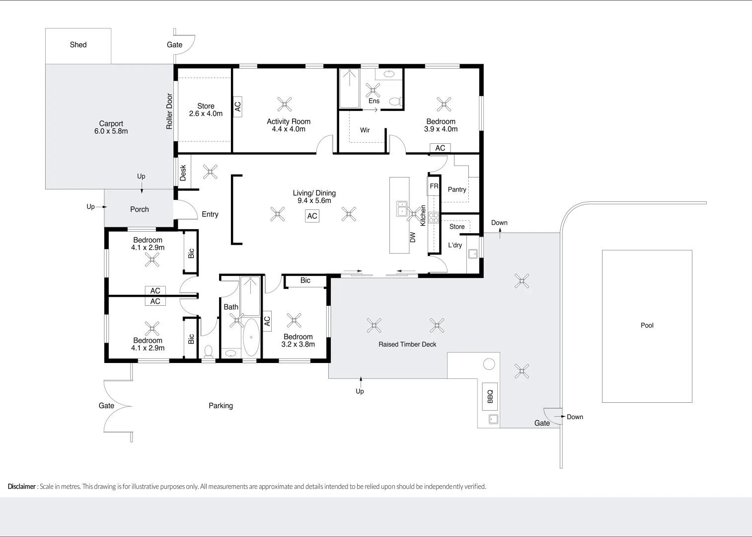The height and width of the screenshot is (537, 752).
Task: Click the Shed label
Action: (78, 45)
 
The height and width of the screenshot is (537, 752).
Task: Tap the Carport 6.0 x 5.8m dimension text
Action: (111, 131)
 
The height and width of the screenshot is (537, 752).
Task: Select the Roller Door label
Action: (169, 111)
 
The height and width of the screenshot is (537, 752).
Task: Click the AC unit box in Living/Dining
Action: (312, 216)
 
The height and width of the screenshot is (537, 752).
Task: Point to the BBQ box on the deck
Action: (490, 396)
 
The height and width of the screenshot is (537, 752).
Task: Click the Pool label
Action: (647, 325)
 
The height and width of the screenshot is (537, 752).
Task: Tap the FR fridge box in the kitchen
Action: (434, 186)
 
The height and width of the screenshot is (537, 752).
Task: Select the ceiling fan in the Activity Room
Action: (285, 104)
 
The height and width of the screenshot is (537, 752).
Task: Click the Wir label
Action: (365, 130)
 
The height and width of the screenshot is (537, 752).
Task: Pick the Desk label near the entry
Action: (183, 173)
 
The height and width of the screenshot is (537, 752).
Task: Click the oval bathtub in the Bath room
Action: (251, 338)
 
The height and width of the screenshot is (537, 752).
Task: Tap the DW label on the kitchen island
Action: (412, 238)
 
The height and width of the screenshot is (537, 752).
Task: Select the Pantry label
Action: (457, 189)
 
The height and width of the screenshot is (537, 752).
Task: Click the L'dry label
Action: (455, 245)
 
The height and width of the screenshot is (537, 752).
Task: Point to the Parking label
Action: (221, 406)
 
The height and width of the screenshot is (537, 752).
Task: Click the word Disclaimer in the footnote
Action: (21, 486)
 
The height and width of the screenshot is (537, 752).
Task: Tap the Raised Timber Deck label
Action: (407, 344)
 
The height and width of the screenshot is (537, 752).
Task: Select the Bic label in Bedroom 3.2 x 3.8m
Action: (305, 280)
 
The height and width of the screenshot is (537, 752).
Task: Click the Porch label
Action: (139, 209)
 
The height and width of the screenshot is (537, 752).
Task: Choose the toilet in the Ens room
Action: (395, 102)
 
